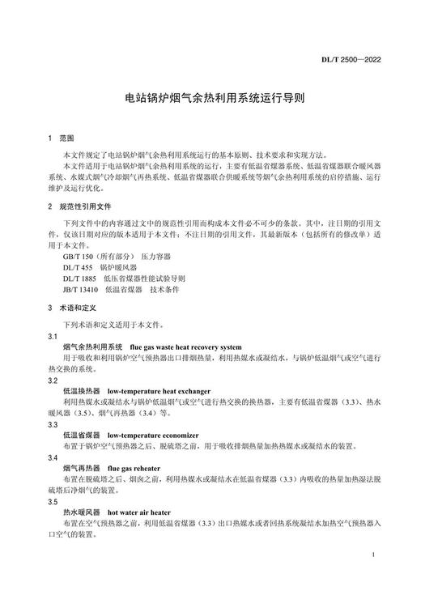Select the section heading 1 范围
click(x=61, y=138)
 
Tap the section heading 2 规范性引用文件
click(x=79, y=206)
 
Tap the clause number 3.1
click(x=53, y=335)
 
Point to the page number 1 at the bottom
click(x=371, y=555)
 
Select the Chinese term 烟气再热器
click(x=81, y=468)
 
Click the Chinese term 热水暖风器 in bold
click(x=81, y=512)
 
